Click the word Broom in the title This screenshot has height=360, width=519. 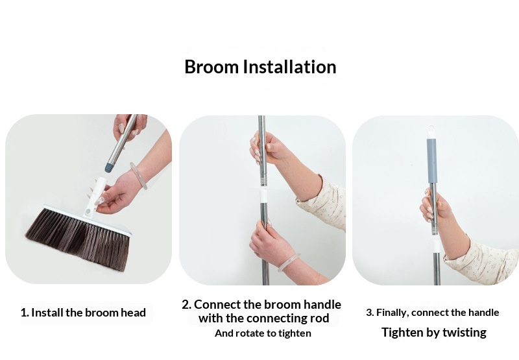pyautogui.click(x=211, y=67)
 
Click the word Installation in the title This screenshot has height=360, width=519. pyautogui.click(x=289, y=67)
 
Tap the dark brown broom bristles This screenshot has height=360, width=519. pyautogui.click(x=78, y=238)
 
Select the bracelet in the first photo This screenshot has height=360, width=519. pyautogui.click(x=139, y=175)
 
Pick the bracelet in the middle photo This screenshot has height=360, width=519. pyautogui.click(x=289, y=263)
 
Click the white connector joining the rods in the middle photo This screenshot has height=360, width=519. pyautogui.click(x=263, y=195)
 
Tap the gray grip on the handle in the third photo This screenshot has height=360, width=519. pyautogui.click(x=431, y=161)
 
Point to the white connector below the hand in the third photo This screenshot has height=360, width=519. pyautogui.click(x=437, y=245)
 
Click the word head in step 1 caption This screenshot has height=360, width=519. pyautogui.click(x=133, y=313)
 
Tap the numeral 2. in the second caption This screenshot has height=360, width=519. pyautogui.click(x=187, y=304)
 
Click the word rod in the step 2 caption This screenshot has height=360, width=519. pyautogui.click(x=319, y=318)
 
